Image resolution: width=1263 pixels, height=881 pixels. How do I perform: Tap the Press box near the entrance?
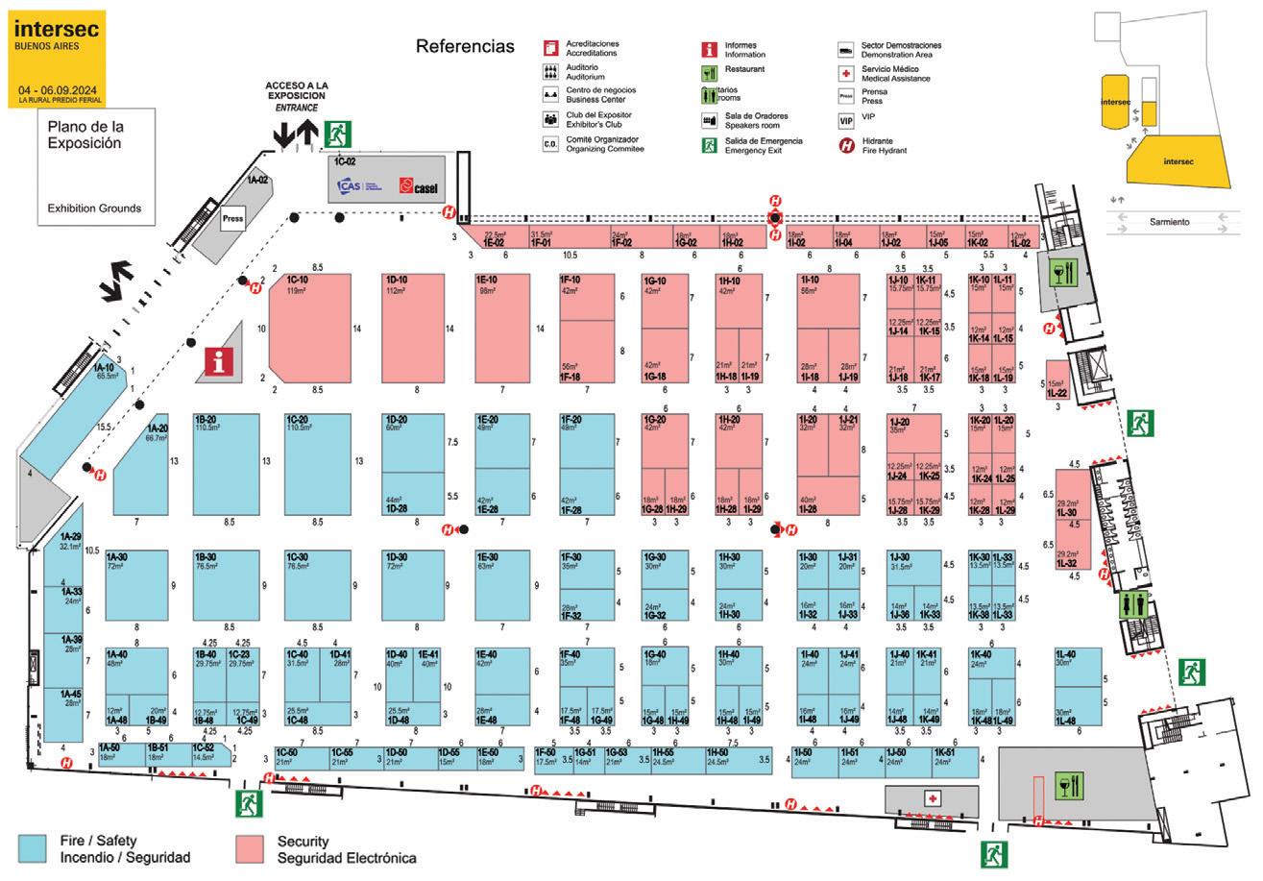pos(232,218)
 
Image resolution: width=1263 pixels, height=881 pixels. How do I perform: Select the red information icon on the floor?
pos(221,361)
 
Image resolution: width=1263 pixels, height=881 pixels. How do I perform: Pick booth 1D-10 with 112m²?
pos(416,327)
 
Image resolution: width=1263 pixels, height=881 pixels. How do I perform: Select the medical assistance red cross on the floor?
pos(932,798)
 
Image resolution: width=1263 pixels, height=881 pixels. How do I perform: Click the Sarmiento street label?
pos(1170,222)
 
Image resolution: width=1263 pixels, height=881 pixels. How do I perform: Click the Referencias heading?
pos(465,46)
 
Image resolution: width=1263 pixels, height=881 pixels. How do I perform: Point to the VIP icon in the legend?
pos(845,121)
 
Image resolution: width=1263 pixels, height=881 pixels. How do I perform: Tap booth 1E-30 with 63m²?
pos(502,585)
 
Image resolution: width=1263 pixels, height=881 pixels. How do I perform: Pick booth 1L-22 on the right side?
pos(1057,379)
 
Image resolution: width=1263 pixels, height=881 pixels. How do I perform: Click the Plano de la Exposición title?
pos(85,134)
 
